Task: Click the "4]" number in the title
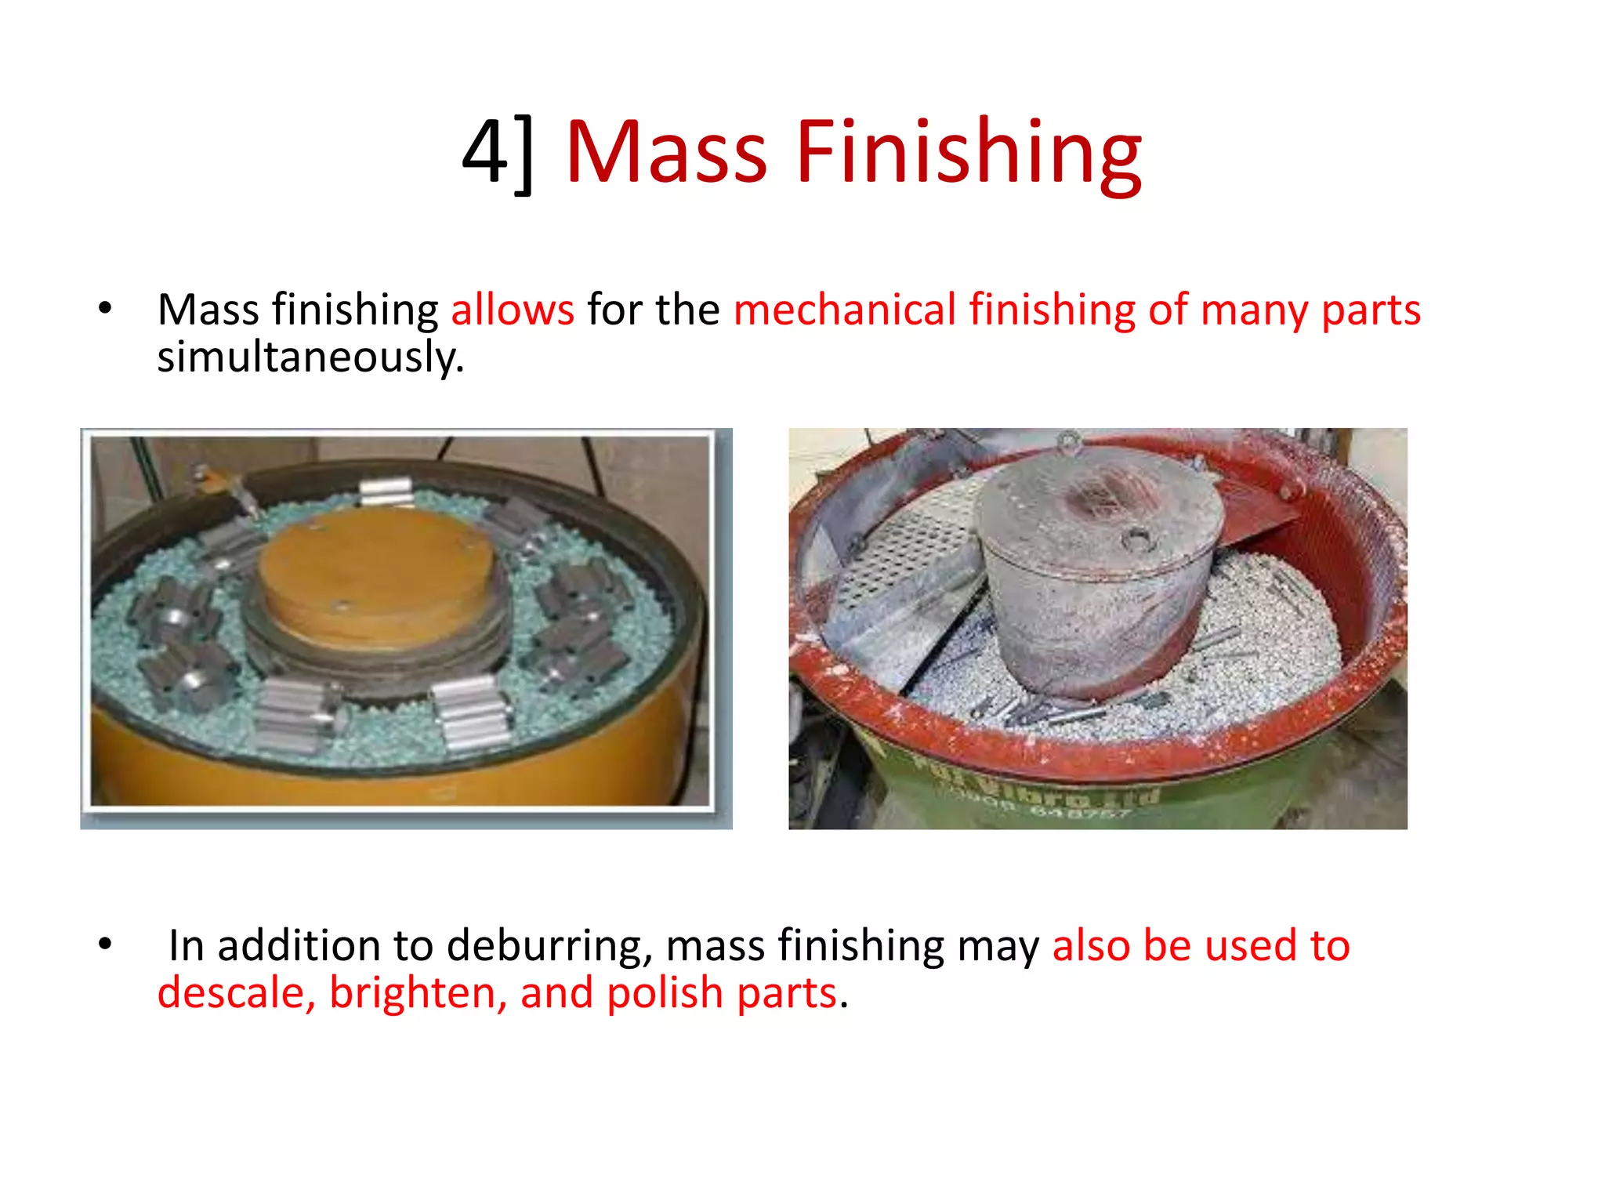(498, 153)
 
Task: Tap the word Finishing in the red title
(969, 153)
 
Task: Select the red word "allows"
(513, 310)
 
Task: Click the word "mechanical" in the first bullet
(845, 310)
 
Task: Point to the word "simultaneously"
(310, 357)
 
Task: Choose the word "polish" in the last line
(665, 993)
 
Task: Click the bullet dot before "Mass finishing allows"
(105, 308)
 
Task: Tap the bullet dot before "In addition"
(105, 945)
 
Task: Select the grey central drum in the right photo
(1097, 596)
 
